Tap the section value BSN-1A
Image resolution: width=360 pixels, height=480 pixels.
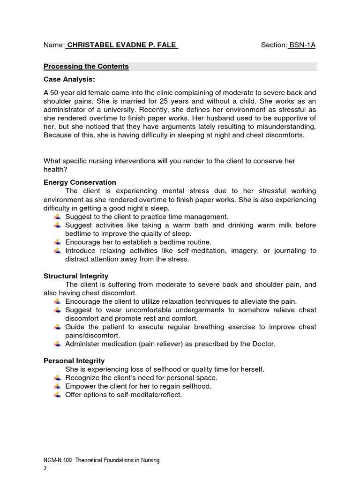[302, 45]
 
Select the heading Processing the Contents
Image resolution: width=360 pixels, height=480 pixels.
[86, 67]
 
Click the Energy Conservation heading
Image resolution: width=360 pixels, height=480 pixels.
[80, 182]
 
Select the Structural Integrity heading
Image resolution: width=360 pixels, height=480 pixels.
[75, 276]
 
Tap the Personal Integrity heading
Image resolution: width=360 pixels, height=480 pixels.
[74, 360]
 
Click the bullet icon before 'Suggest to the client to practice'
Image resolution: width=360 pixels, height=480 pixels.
[57, 217]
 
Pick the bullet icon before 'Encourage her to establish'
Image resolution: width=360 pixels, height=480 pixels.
[57, 242]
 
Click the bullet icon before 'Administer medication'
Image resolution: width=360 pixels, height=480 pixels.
[57, 344]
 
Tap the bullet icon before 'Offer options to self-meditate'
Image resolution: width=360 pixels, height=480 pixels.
[57, 395]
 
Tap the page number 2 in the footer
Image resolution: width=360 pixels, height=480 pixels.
[45, 468]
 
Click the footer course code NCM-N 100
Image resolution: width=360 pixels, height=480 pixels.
[58, 460]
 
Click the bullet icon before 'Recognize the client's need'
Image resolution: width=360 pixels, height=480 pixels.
[57, 378]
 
